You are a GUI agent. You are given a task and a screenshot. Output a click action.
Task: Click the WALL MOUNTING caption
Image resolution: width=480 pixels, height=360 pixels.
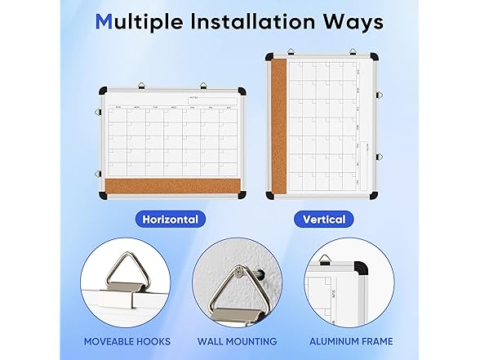tap(237, 341)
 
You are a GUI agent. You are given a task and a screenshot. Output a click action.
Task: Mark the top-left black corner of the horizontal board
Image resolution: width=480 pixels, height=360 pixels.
tap(102, 91)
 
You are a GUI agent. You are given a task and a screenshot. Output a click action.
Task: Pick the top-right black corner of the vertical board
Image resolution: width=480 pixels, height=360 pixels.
tap(372, 58)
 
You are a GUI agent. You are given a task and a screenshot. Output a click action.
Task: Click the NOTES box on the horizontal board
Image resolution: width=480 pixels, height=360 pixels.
tap(209, 100)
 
